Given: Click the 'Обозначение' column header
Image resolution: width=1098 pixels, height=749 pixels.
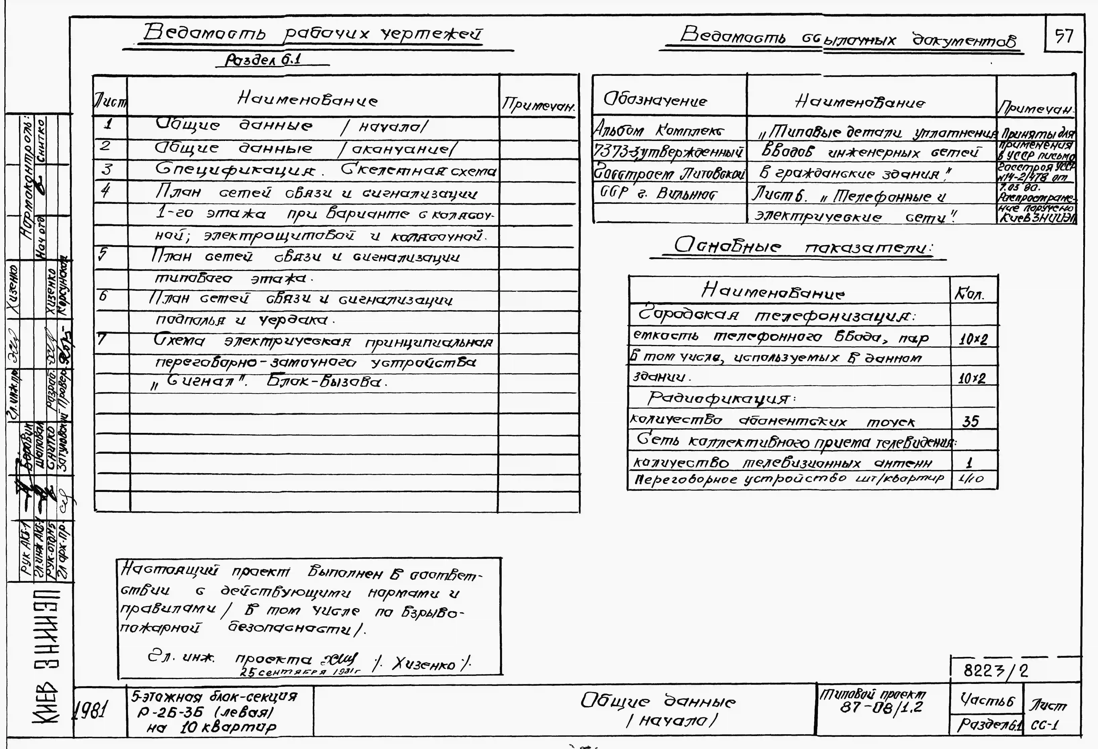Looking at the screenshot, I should [x=655, y=100].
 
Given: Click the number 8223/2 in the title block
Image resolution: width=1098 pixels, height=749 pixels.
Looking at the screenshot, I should [x=994, y=670].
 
